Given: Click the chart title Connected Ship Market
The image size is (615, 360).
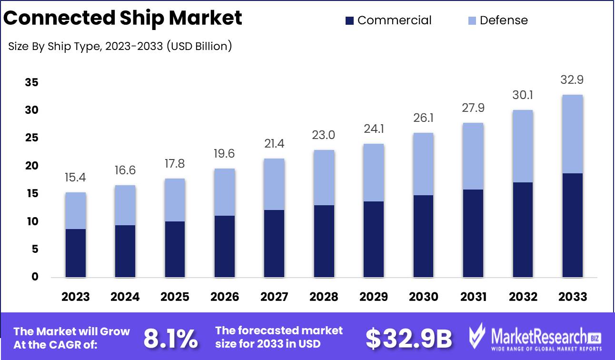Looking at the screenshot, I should [x=123, y=18].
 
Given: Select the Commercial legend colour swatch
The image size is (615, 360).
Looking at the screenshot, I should [x=350, y=20].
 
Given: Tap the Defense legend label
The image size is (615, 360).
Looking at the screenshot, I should [x=504, y=20].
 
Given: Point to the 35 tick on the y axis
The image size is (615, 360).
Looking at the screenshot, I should [x=31, y=83].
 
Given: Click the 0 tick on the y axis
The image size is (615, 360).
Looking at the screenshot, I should [x=35, y=277].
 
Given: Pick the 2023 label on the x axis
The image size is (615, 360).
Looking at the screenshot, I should [x=76, y=297].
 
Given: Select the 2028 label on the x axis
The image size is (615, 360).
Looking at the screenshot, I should [x=324, y=297].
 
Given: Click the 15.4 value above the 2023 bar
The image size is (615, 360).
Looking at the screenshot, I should [x=76, y=178].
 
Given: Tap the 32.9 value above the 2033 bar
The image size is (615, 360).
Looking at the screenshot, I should [x=572, y=80].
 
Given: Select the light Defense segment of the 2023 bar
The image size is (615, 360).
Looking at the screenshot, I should [x=76, y=210].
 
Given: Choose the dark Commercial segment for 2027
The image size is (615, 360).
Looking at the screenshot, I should [x=274, y=243].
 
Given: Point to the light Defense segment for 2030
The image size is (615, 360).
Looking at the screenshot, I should [x=423, y=164].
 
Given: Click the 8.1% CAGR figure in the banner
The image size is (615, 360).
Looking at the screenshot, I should [x=170, y=339].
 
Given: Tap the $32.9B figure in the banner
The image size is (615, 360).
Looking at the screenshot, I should [x=408, y=339].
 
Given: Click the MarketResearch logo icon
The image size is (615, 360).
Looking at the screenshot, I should [x=478, y=336].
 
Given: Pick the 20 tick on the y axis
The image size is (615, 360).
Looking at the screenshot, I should [x=31, y=166].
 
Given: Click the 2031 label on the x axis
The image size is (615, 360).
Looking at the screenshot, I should [x=473, y=297].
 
